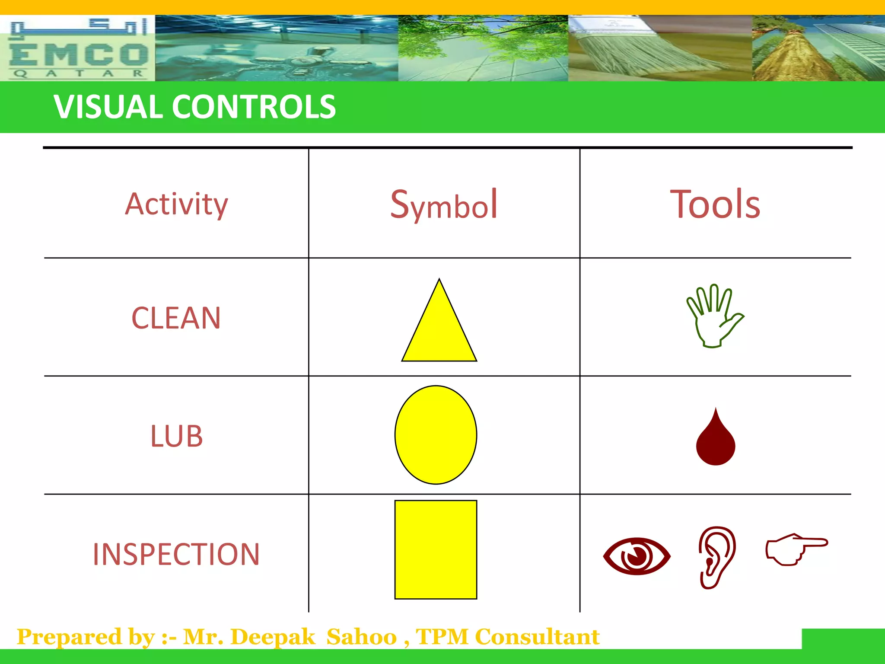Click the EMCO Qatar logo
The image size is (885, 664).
coord(78,48)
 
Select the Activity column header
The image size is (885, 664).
coord(176,204)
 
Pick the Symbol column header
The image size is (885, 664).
coord(444,204)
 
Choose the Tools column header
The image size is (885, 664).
coord(715,204)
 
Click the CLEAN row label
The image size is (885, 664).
coord(176,318)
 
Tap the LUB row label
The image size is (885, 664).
coord(176,436)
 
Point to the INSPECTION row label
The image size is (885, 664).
coord(176,554)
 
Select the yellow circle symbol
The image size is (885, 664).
coord(436,435)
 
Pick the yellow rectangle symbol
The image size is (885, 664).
coord(436,549)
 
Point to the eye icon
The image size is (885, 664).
coord(637,556)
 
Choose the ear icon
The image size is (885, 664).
coord(716,557)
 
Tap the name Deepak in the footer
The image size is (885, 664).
coord(273,637)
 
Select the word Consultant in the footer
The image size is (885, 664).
coord(537,637)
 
